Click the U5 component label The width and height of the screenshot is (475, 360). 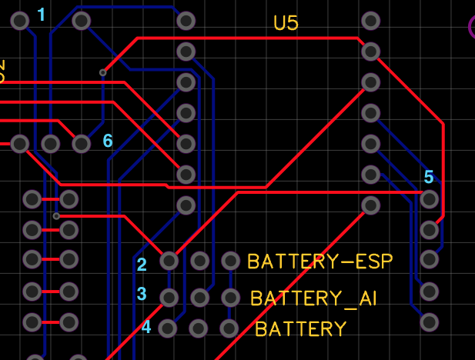click(x=286, y=23)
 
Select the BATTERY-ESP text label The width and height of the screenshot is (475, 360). click(x=319, y=262)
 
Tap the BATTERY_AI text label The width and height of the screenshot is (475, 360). click(x=313, y=298)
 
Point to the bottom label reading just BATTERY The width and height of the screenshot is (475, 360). click(x=300, y=329)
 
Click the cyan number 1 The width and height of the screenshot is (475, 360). click(x=41, y=15)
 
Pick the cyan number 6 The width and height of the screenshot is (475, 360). click(x=108, y=141)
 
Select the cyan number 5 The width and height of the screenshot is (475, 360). click(x=429, y=177)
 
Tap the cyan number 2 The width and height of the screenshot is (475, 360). click(x=142, y=265)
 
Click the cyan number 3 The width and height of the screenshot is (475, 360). click(x=142, y=294)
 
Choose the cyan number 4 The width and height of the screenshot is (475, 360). click(x=146, y=327)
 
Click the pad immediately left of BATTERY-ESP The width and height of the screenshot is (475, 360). click(x=230, y=261)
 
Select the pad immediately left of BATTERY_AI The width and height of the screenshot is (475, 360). click(x=230, y=297)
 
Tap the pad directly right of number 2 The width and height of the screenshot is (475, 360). click(x=169, y=261)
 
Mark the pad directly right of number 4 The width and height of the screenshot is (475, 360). click(x=167, y=328)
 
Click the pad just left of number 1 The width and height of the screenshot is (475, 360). click(x=20, y=21)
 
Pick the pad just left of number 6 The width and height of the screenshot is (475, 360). click(x=81, y=143)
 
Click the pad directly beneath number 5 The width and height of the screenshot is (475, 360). click(x=429, y=199)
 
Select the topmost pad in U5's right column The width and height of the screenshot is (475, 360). click(x=371, y=21)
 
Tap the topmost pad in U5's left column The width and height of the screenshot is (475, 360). click(x=186, y=21)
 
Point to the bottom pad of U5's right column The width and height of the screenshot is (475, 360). click(x=371, y=205)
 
